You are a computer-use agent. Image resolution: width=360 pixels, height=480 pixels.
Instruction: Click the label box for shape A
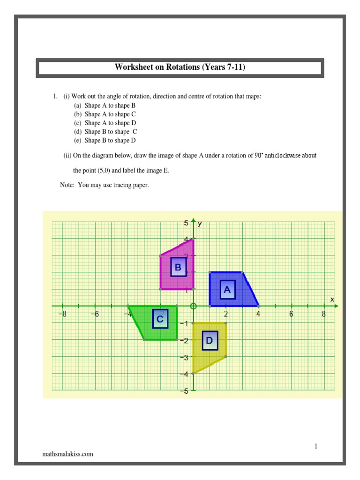click(x=227, y=290)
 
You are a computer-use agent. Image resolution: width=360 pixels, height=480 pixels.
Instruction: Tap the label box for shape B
click(x=178, y=267)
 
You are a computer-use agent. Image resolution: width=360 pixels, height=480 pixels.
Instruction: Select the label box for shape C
click(x=160, y=320)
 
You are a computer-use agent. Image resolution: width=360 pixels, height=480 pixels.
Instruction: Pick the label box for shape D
click(x=210, y=340)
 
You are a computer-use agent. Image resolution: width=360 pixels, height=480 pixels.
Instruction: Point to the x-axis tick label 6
click(x=291, y=315)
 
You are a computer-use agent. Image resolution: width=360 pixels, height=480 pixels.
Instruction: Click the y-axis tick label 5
click(x=186, y=224)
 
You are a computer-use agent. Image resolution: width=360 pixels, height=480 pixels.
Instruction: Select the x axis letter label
click(x=332, y=299)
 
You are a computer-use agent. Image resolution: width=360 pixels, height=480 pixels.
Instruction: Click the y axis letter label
click(x=200, y=224)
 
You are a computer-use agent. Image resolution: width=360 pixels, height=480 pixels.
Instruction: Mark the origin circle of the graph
click(x=193, y=306)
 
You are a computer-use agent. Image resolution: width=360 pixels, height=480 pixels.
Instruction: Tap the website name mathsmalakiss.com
click(x=67, y=454)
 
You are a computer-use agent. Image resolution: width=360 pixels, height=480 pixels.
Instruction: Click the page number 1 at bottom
click(x=316, y=446)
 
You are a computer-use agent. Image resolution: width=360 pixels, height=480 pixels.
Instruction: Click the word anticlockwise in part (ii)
click(x=282, y=156)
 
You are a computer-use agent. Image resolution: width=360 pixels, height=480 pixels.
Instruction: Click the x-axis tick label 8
click(x=323, y=315)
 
